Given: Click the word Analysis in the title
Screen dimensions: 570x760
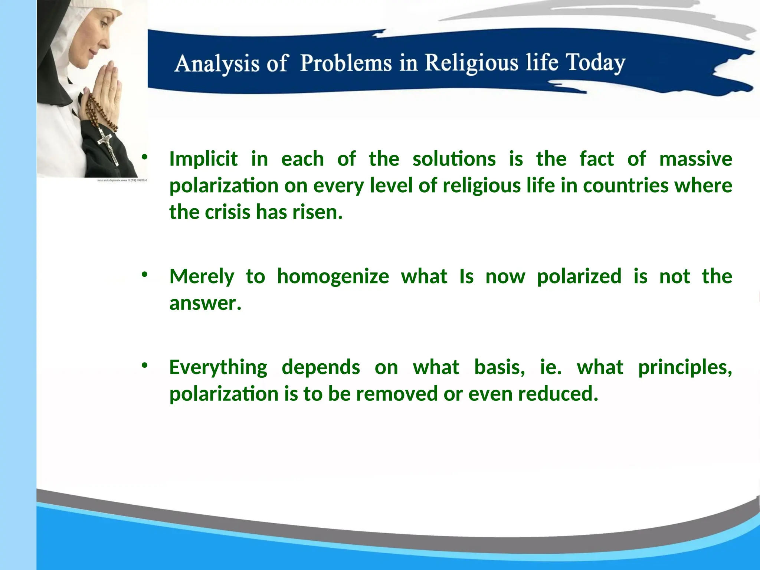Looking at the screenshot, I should coord(217,63).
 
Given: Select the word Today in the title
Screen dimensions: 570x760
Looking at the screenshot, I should coord(595,63).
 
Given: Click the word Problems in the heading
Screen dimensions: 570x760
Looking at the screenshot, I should coord(346,63).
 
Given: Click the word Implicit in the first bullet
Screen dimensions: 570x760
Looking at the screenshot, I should coord(203,159).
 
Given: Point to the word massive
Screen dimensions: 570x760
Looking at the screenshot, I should coord(695,159).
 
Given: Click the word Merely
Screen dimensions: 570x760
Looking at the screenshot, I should coord(202,276).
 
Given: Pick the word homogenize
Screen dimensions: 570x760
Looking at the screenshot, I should coord(333,276).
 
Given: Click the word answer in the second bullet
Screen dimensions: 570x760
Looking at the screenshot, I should coord(204,303).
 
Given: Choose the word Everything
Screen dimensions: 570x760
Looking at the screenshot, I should coord(218,367).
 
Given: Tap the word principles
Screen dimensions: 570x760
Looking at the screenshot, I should coord(685,367).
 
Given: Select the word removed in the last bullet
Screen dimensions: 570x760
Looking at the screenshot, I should coord(397,394).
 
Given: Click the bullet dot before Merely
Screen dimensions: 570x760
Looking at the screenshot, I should coord(144,275).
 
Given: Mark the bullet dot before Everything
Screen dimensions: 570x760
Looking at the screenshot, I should coord(144,366).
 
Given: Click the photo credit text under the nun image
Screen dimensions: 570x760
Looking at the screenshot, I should coord(122,180).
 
